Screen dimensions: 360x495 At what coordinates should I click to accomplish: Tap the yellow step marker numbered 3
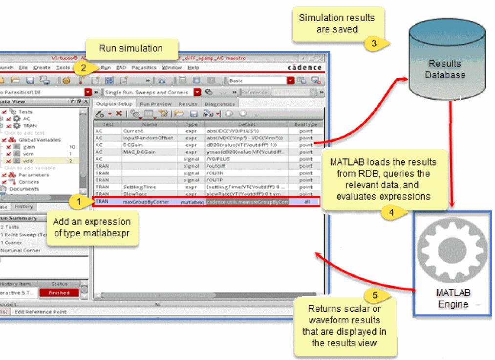coord(374,43)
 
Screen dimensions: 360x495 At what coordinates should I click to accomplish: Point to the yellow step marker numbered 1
coord(76,201)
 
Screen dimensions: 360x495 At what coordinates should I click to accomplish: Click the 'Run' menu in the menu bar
coord(106,67)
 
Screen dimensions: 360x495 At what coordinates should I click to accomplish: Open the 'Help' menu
coord(193,67)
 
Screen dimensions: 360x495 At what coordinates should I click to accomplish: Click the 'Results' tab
coord(188,104)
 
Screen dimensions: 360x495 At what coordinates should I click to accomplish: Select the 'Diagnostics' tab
coord(219,104)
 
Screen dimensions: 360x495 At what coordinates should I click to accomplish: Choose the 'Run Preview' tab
coord(155,104)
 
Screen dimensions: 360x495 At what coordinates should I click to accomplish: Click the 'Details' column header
coord(247,124)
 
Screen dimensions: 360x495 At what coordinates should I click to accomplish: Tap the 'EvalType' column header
coord(306,124)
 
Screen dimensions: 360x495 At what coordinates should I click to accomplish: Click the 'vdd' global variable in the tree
coord(27,160)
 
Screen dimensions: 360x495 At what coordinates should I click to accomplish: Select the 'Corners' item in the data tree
coord(28,181)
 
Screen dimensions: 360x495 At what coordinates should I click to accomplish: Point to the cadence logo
coord(304,67)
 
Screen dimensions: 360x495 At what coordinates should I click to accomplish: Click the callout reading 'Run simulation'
coord(130,48)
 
